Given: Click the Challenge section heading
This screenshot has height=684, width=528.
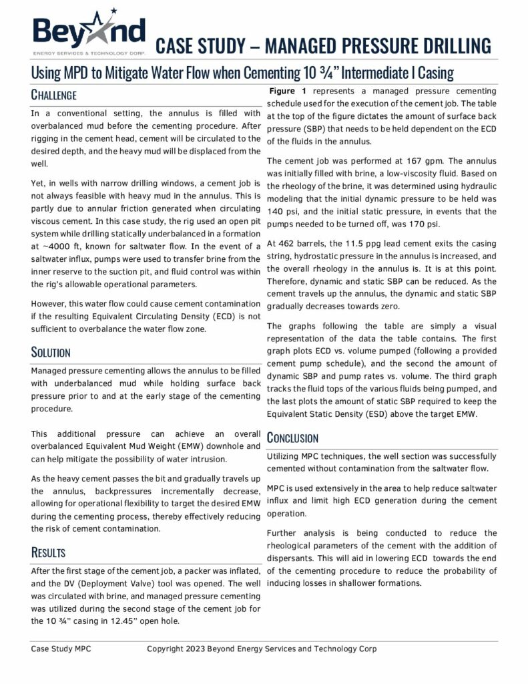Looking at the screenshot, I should (x=54, y=95).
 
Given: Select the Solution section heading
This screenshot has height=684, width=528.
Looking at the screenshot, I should (x=51, y=351).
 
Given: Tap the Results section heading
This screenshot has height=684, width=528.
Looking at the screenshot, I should (x=48, y=552).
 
